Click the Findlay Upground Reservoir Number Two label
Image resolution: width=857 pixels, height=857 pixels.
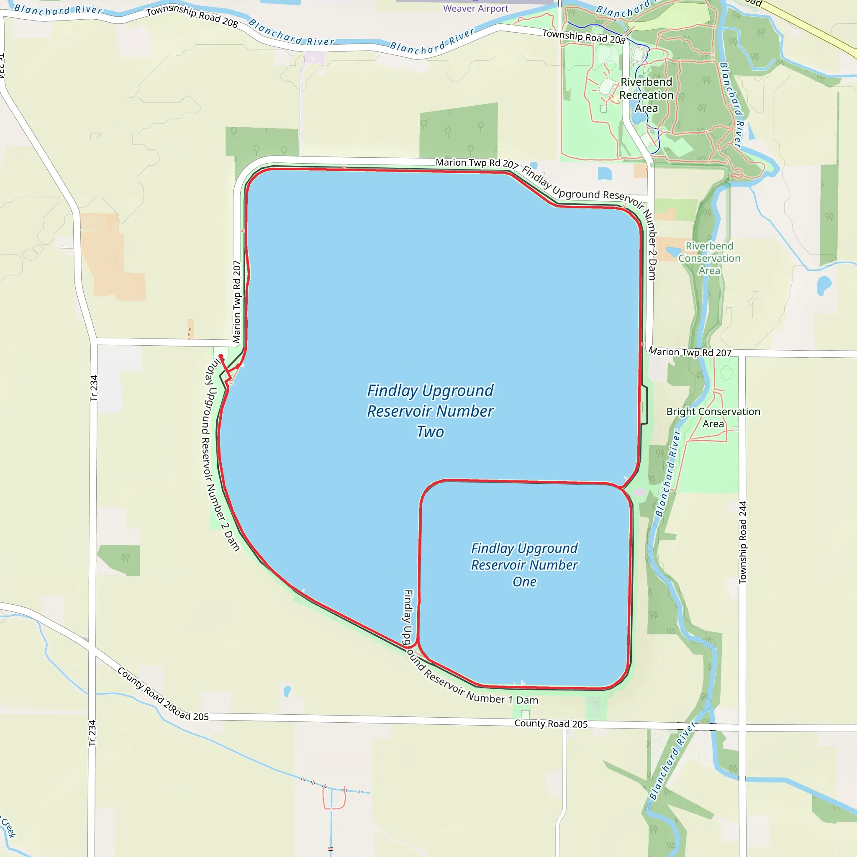tap(430, 411)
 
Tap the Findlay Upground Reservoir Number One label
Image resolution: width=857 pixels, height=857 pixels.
tap(524, 564)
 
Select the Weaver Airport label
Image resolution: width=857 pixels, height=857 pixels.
tap(475, 8)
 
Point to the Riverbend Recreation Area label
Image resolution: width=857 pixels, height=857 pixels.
tap(646, 95)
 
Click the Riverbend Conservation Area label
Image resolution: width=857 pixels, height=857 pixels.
tap(709, 258)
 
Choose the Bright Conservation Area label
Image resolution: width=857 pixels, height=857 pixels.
tap(713, 417)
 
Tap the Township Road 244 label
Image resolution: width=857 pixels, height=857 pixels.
tap(743, 542)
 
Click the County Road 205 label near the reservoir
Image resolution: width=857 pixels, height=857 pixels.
tap(551, 724)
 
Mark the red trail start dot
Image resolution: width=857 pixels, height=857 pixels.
tap(221, 356)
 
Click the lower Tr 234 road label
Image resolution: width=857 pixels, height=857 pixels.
tap(92, 733)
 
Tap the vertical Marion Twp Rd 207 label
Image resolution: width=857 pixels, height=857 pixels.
tap(236, 302)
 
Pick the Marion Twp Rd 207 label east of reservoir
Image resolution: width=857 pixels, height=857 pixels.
tap(690, 352)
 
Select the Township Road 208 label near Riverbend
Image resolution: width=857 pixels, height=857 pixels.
tap(583, 36)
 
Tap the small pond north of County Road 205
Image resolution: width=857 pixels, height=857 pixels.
tap(287, 690)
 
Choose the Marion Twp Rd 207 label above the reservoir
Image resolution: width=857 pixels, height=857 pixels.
tap(477, 163)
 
